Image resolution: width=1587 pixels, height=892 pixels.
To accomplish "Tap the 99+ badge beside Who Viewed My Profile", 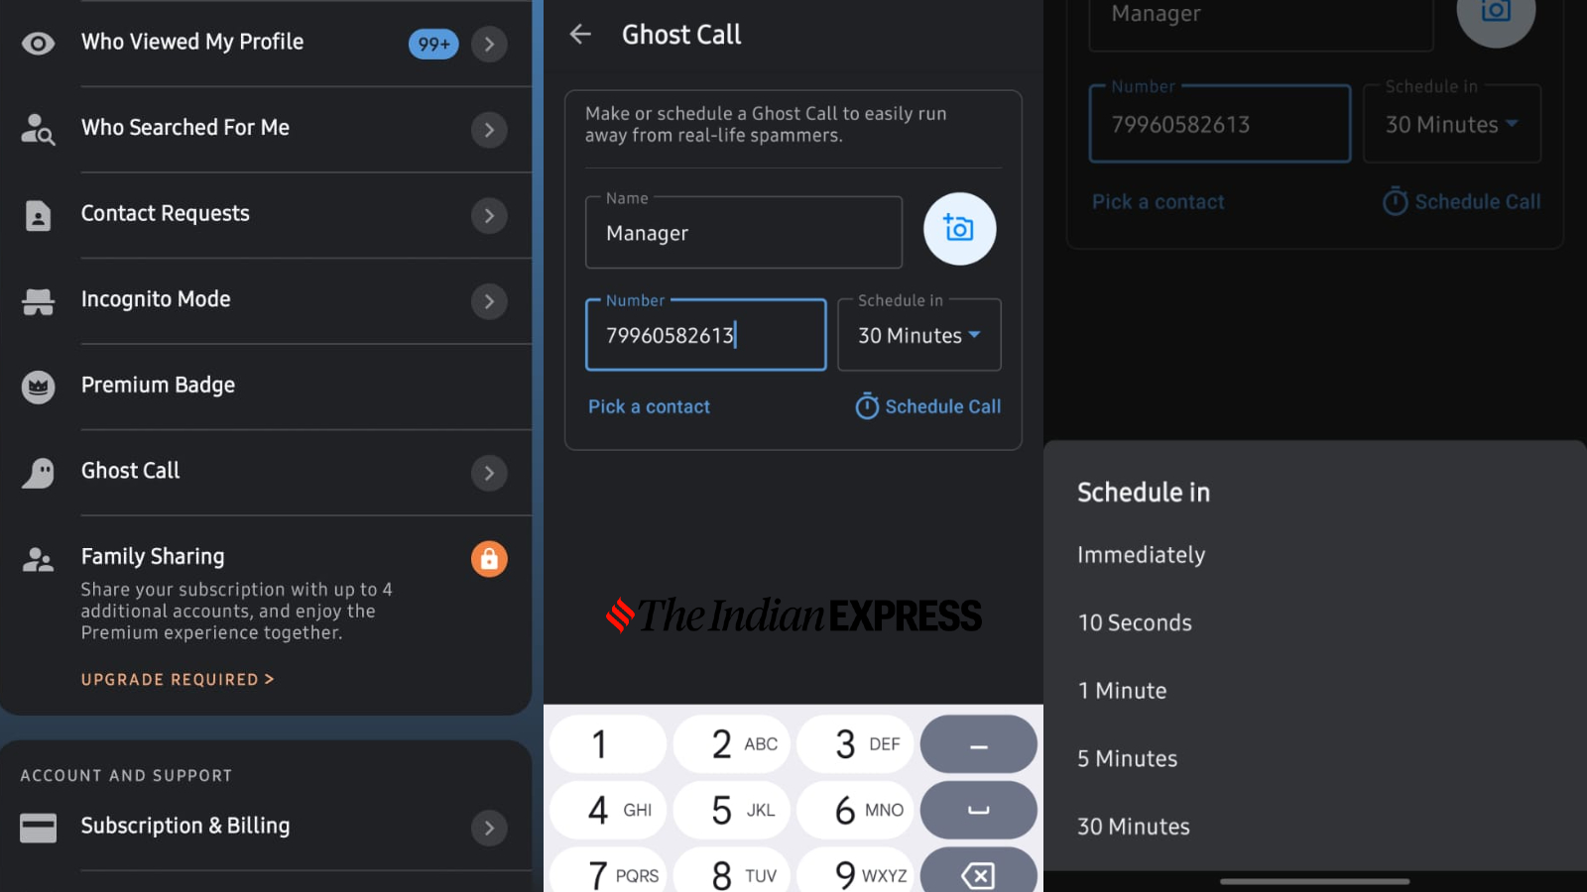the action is click(x=432, y=44).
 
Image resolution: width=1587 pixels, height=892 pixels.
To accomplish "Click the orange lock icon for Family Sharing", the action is click(x=489, y=559).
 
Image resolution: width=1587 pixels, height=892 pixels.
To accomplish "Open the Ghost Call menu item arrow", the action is click(x=489, y=472).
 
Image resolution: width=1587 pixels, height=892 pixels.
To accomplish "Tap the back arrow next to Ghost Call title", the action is click(x=580, y=34).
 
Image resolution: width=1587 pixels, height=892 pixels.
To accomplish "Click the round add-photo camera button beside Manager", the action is click(x=959, y=229).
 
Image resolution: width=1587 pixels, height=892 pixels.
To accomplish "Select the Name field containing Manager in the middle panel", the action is click(x=744, y=233).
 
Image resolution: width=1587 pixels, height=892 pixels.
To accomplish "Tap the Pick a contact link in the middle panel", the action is click(x=649, y=406).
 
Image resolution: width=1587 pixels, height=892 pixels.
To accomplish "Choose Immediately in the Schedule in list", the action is click(x=1141, y=554).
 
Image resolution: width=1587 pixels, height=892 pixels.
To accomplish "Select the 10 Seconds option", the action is click(x=1135, y=622).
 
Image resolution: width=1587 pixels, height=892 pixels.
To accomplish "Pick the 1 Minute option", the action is click(x=1122, y=690).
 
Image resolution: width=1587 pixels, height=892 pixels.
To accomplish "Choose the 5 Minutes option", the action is click(x=1127, y=758).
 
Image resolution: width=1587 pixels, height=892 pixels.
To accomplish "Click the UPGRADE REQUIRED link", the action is click(x=178, y=680).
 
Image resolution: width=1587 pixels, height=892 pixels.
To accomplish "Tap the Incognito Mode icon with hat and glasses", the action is click(x=39, y=301).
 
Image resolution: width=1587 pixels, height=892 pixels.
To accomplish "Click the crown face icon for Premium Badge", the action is click(x=39, y=388).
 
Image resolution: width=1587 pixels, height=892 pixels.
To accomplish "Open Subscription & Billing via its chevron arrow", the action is click(x=489, y=828).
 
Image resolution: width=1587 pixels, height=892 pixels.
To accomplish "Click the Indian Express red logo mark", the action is click(x=620, y=614).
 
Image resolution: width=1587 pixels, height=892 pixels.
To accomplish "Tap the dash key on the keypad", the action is click(x=978, y=744).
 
